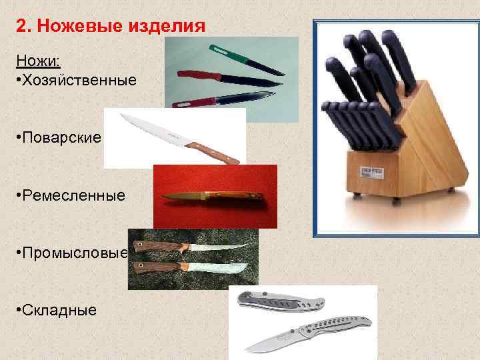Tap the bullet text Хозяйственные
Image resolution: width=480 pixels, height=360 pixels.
(x=79, y=80)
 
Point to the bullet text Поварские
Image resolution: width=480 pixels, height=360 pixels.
(x=61, y=137)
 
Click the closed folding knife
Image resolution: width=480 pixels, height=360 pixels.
(x=280, y=303)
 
